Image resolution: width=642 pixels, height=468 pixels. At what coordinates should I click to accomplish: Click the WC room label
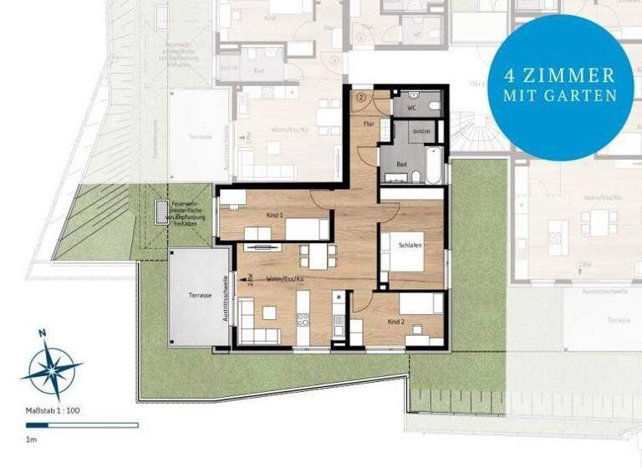(x=411, y=109)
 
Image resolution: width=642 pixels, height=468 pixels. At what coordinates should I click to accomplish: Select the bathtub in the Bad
(x=434, y=165)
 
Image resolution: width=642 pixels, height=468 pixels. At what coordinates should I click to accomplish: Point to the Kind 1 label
(x=275, y=216)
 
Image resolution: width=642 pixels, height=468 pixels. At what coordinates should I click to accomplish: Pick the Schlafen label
(x=410, y=246)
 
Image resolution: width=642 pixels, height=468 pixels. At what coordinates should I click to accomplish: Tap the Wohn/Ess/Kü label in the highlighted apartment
(x=284, y=278)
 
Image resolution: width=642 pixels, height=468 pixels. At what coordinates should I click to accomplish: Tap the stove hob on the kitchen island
(x=303, y=318)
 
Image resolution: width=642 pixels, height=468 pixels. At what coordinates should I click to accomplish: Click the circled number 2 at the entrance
(x=361, y=98)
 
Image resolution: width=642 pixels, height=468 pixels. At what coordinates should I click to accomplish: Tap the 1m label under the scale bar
(x=31, y=438)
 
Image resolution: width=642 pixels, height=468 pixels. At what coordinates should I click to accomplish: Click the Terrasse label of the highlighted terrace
(x=198, y=296)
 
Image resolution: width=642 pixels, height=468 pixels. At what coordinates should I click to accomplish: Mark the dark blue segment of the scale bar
(x=50, y=425)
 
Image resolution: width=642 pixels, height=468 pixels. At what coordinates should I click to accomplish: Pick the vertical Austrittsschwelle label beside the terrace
(x=225, y=300)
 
